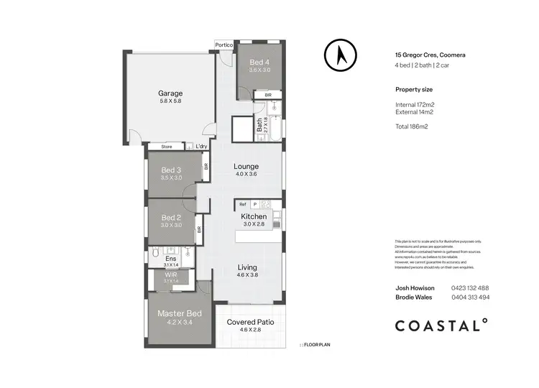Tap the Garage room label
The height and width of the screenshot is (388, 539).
[170, 93]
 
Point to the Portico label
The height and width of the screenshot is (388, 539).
[224, 45]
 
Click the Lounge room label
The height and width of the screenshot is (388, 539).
[247, 167]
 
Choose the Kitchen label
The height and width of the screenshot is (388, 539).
[254, 216]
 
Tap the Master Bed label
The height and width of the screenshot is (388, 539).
[180, 313]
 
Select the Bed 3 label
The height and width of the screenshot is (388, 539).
[170, 170]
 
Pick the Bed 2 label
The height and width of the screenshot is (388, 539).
[170, 218]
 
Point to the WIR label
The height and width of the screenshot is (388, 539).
[170, 274]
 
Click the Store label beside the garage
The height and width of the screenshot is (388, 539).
[167, 147]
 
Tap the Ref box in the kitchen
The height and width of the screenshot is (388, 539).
[243, 205]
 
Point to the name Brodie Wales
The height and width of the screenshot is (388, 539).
[414, 297]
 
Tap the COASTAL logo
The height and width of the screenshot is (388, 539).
[442, 325]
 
